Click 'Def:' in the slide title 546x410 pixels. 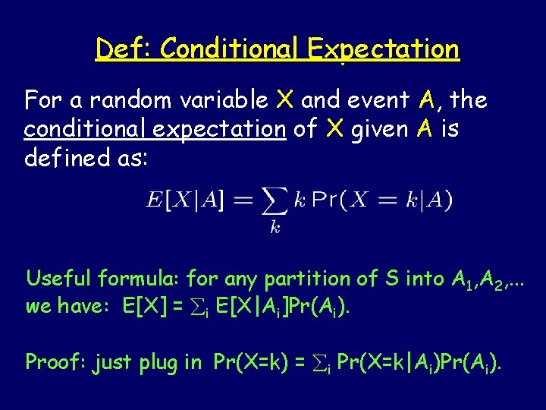(124, 49)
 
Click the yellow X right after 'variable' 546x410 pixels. (285, 99)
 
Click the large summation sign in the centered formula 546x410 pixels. (274, 201)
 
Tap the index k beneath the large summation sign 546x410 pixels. (275, 228)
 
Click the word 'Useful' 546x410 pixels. (57, 279)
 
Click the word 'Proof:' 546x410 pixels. (54, 362)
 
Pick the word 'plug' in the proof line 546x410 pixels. (160, 363)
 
